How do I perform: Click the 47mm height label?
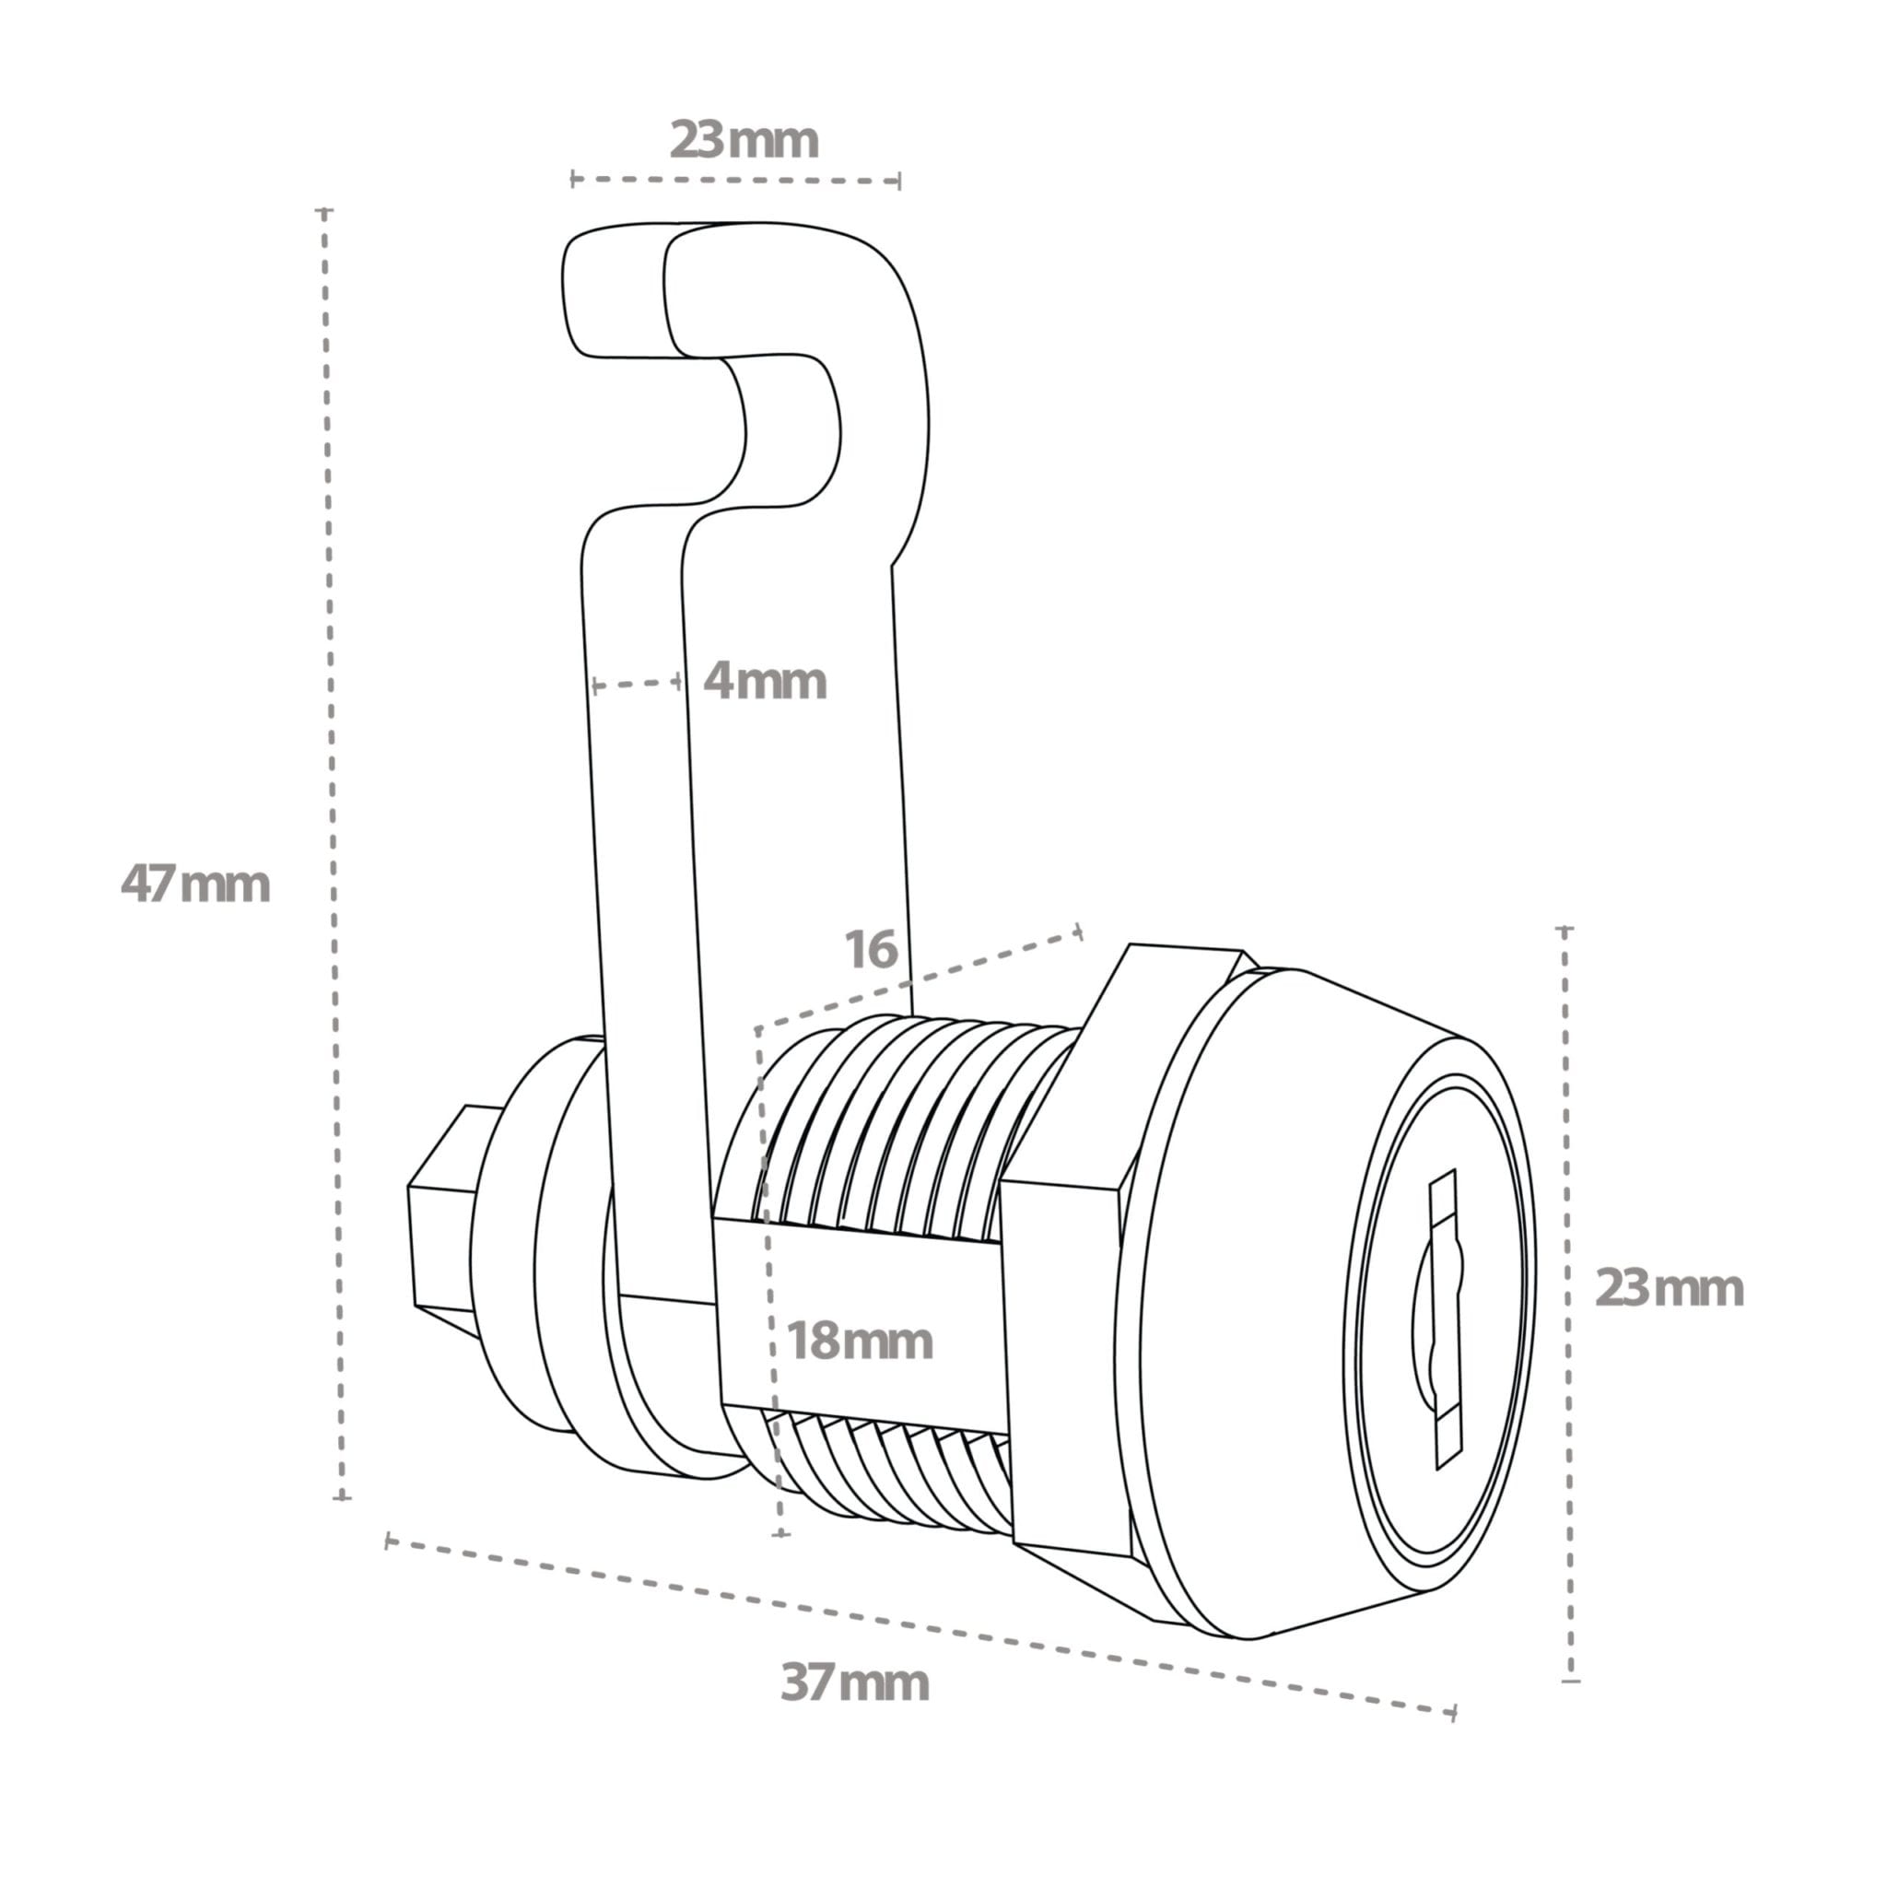pos(195,885)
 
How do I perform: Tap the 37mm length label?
pos(855,1682)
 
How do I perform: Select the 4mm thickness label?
pos(765,681)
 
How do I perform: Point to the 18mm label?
pos(860,1342)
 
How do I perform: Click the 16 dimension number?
pos(870,950)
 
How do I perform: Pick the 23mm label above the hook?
pos(744,141)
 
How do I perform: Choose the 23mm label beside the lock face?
pos(1669,1288)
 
